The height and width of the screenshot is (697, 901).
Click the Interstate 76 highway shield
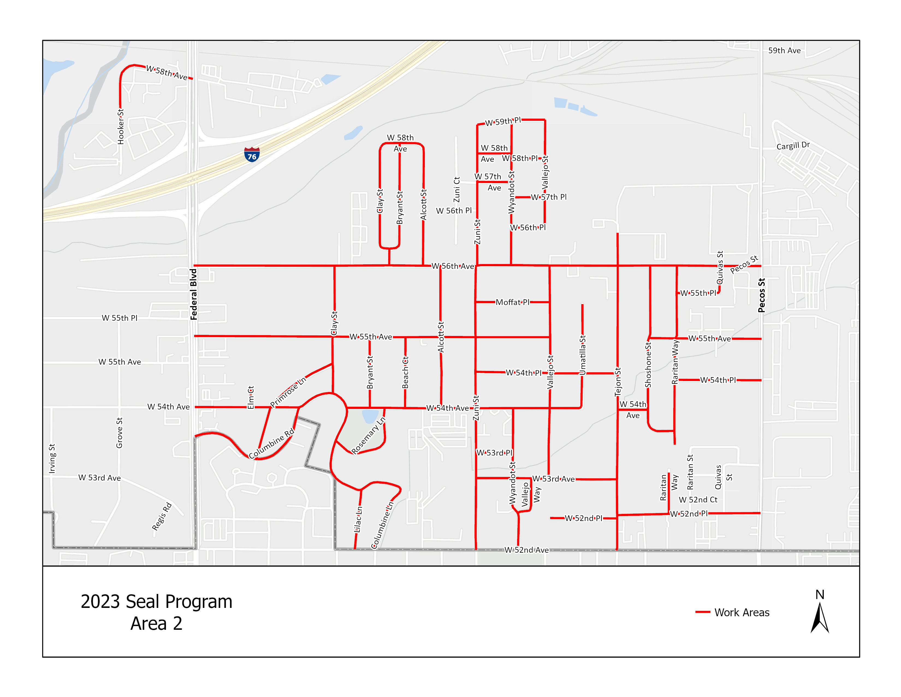click(x=252, y=154)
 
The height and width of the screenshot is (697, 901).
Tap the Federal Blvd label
click(x=194, y=294)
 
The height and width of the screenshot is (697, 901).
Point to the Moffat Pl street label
click(x=512, y=302)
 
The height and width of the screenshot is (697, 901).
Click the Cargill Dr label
click(x=793, y=146)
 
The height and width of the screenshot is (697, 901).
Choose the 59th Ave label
click(x=784, y=50)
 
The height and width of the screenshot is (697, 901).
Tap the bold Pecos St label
click(x=761, y=295)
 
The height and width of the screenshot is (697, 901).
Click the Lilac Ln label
click(x=358, y=519)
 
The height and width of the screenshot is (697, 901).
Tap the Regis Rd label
click(x=162, y=516)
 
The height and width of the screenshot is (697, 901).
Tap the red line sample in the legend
click(x=703, y=612)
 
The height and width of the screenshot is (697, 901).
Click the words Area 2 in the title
click(x=156, y=623)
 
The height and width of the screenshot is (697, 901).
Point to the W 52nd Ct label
click(x=698, y=500)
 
